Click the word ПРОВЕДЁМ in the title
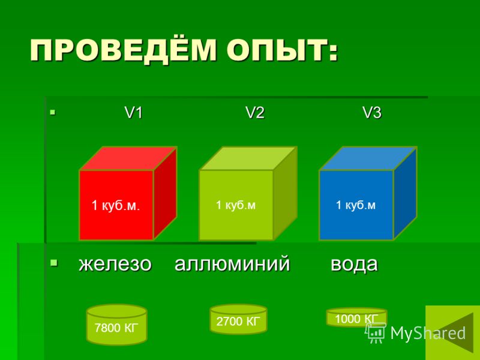tap(123, 50)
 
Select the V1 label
tap(134, 113)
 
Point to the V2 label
tap(254, 113)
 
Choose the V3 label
tap(372, 113)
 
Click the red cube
tap(128, 193)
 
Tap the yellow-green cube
tap(248, 193)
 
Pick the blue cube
tap(368, 193)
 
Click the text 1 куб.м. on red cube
tap(116, 205)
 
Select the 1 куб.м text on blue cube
tap(355, 205)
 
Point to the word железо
tap(115, 264)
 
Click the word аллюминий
tap(232, 264)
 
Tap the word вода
tap(354, 264)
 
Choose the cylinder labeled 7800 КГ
tap(116, 325)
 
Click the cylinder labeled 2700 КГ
tap(238, 319)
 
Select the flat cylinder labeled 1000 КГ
tap(356, 317)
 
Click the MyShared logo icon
tap(376, 333)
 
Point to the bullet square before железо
tap(54, 263)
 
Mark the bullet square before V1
tap(53, 112)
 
